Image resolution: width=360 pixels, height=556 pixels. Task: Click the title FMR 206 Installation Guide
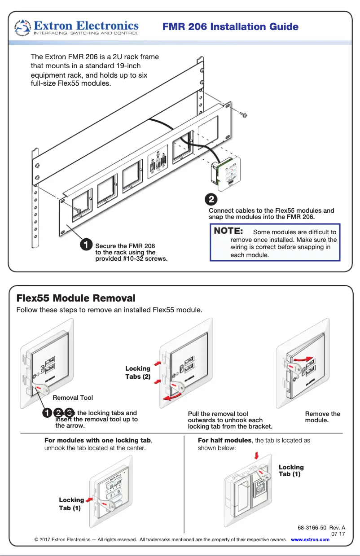click(x=230, y=27)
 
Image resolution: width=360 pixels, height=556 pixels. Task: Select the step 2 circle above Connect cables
click(x=211, y=198)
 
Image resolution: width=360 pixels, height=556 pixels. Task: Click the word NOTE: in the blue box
click(x=228, y=232)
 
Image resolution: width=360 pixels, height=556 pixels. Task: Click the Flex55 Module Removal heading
click(x=75, y=298)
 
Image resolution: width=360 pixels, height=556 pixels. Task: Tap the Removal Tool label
click(x=73, y=398)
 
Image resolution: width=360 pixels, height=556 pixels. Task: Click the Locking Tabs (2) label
click(x=137, y=372)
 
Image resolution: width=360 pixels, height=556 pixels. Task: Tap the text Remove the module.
click(x=322, y=417)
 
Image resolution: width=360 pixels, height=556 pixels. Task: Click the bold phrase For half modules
click(x=225, y=441)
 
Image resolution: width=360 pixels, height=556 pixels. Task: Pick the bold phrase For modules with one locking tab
click(x=97, y=441)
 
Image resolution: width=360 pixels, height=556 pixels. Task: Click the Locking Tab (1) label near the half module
click(x=291, y=471)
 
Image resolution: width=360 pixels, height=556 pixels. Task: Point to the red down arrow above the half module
click(x=256, y=456)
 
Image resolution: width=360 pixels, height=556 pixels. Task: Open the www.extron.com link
click(x=310, y=539)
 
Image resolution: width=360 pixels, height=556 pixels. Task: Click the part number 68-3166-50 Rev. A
click(x=321, y=528)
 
